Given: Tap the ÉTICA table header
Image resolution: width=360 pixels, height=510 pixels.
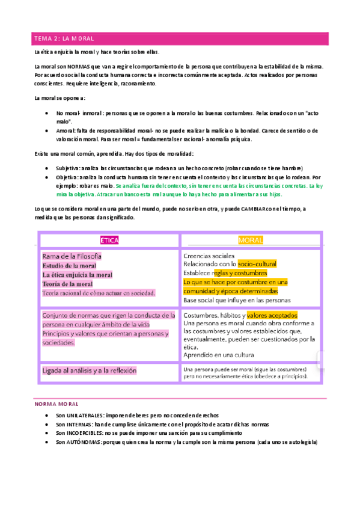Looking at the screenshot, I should (109, 240).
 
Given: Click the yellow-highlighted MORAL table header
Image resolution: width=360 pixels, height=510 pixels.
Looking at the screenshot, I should (251, 240).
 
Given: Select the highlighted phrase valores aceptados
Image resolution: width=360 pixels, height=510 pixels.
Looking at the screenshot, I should (272, 315).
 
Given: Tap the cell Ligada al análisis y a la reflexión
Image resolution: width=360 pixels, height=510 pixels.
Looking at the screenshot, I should (90, 370).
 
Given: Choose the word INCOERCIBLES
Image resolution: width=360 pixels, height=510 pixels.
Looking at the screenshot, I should (86, 432).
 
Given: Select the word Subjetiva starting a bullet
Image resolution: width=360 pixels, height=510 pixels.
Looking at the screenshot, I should (70, 168).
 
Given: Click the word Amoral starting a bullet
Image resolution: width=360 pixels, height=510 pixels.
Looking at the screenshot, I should (67, 131).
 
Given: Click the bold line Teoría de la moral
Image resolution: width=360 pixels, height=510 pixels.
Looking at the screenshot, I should (67, 283).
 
